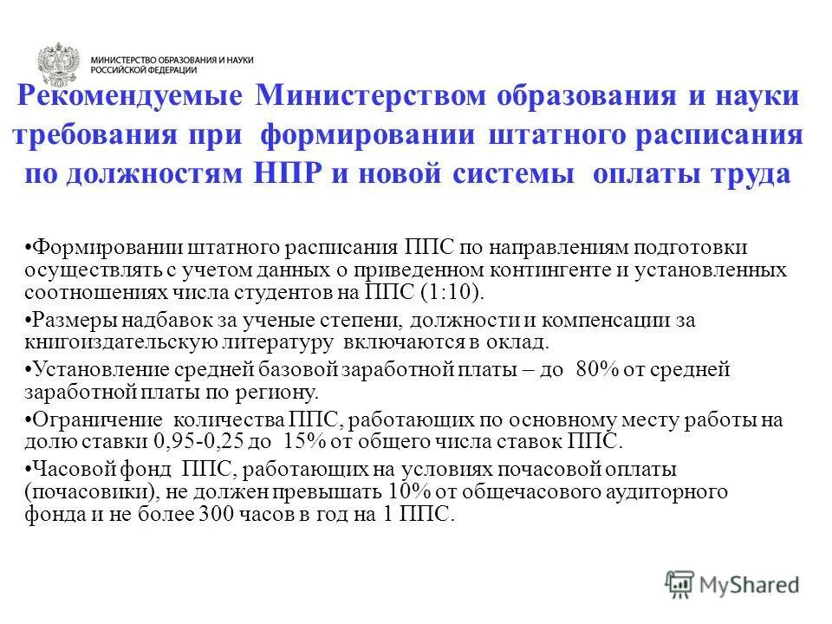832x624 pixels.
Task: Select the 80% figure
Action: tap(596, 370)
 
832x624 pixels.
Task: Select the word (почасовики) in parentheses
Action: tap(83, 493)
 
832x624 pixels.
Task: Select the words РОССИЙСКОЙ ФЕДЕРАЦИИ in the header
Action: tap(144, 70)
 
